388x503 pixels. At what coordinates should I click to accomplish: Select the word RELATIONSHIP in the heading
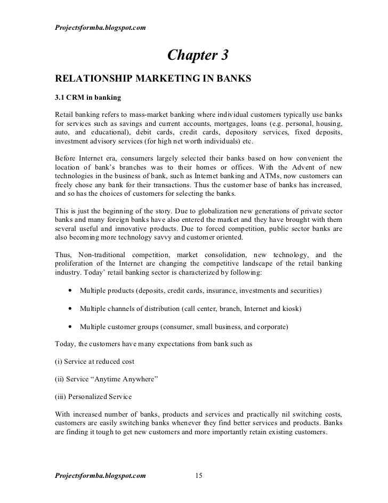92,80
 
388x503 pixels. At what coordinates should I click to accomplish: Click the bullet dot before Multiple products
70,291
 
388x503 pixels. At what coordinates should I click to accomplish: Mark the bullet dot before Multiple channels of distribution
70,309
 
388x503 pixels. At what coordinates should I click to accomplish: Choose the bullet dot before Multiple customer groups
70,326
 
